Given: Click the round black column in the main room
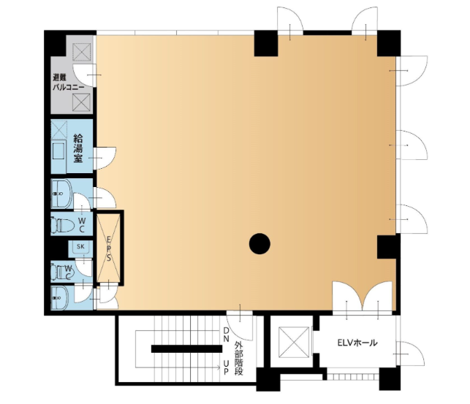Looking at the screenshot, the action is (259, 244).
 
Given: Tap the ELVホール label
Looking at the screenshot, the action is (357, 343).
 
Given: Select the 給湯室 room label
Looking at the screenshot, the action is (78, 148).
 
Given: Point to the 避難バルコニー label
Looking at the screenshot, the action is (68, 83).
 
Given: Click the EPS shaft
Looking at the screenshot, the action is (108, 248).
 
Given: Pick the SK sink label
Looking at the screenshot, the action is (80, 246).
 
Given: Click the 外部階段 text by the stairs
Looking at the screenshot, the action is (239, 358).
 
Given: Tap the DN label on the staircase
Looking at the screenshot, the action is (227, 335).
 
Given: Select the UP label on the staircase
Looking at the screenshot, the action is (227, 367).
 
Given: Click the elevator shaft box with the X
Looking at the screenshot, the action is (294, 343).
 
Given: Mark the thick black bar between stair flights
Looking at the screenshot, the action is (186, 349).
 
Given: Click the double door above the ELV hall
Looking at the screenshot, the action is (362, 297).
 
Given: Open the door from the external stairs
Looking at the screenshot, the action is (240, 324).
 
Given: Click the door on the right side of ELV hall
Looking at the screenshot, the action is (410, 354).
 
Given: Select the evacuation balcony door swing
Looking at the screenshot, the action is (85, 75).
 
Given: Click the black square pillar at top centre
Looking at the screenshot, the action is (266, 43).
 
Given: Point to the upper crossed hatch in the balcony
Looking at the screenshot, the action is (82, 52).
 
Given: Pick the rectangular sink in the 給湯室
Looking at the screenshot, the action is (58, 151).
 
